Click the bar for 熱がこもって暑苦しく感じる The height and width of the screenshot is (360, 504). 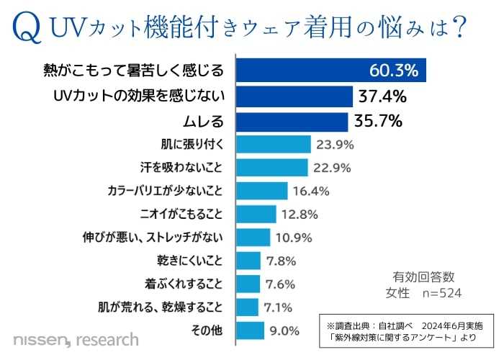coord(331,71)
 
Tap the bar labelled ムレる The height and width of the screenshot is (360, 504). coord(292,120)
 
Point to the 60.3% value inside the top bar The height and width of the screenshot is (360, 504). coord(393,71)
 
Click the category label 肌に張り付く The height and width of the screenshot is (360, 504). coord(194,144)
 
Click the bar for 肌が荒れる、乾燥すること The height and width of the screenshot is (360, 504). coord(247,307)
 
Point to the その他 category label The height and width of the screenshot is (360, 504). coord(210,330)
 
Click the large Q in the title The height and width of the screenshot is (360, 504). coord(26,27)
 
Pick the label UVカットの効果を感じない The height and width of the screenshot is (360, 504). coord(140,96)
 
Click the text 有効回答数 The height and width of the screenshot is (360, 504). coord(423,276)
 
